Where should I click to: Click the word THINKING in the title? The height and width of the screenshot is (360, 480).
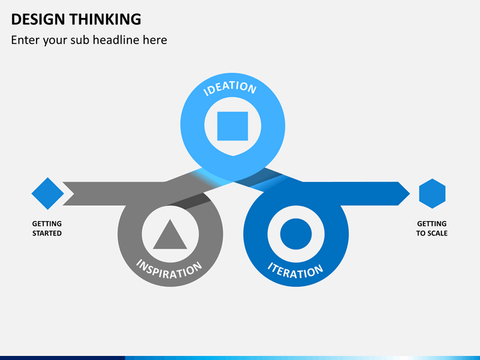pyautogui.click(x=105, y=19)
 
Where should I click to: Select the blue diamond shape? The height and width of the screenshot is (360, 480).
pyautogui.click(x=48, y=193)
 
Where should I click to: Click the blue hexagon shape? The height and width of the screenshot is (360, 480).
pyautogui.click(x=432, y=193)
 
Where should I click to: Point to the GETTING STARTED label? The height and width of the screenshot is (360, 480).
pyautogui.click(x=47, y=229)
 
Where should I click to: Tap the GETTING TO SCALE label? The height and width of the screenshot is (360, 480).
pyautogui.click(x=432, y=229)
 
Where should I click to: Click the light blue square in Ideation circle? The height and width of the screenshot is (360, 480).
pyautogui.click(x=233, y=126)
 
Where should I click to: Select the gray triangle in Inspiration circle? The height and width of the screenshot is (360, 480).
pyautogui.click(x=170, y=235)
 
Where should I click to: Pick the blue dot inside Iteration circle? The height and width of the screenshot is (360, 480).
pyautogui.click(x=296, y=234)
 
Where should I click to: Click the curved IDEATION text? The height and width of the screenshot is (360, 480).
pyautogui.click(x=230, y=87)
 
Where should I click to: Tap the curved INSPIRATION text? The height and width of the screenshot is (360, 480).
pyautogui.click(x=169, y=270)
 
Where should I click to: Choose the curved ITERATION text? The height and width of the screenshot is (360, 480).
pyautogui.click(x=295, y=271)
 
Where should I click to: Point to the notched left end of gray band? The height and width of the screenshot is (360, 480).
pyautogui.click(x=73, y=194)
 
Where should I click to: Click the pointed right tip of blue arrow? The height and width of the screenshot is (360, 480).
pyautogui.click(x=410, y=193)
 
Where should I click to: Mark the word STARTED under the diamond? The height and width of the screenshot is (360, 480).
pyautogui.click(x=47, y=233)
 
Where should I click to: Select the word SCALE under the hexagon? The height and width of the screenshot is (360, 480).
pyautogui.click(x=439, y=233)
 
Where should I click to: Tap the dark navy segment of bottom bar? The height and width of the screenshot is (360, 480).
pyautogui.click(x=63, y=358)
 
